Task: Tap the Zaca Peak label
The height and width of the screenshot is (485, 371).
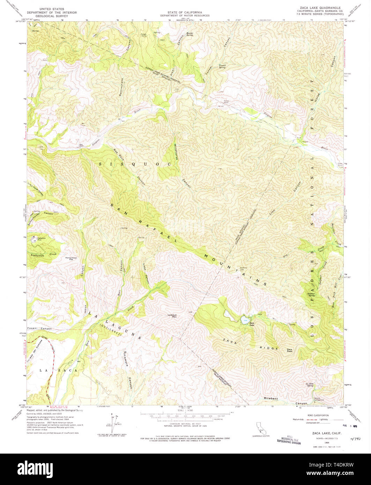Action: point(289,350)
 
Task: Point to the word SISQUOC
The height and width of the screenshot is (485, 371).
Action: point(135,164)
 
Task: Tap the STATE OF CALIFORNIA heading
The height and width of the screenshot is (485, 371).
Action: point(185,12)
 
